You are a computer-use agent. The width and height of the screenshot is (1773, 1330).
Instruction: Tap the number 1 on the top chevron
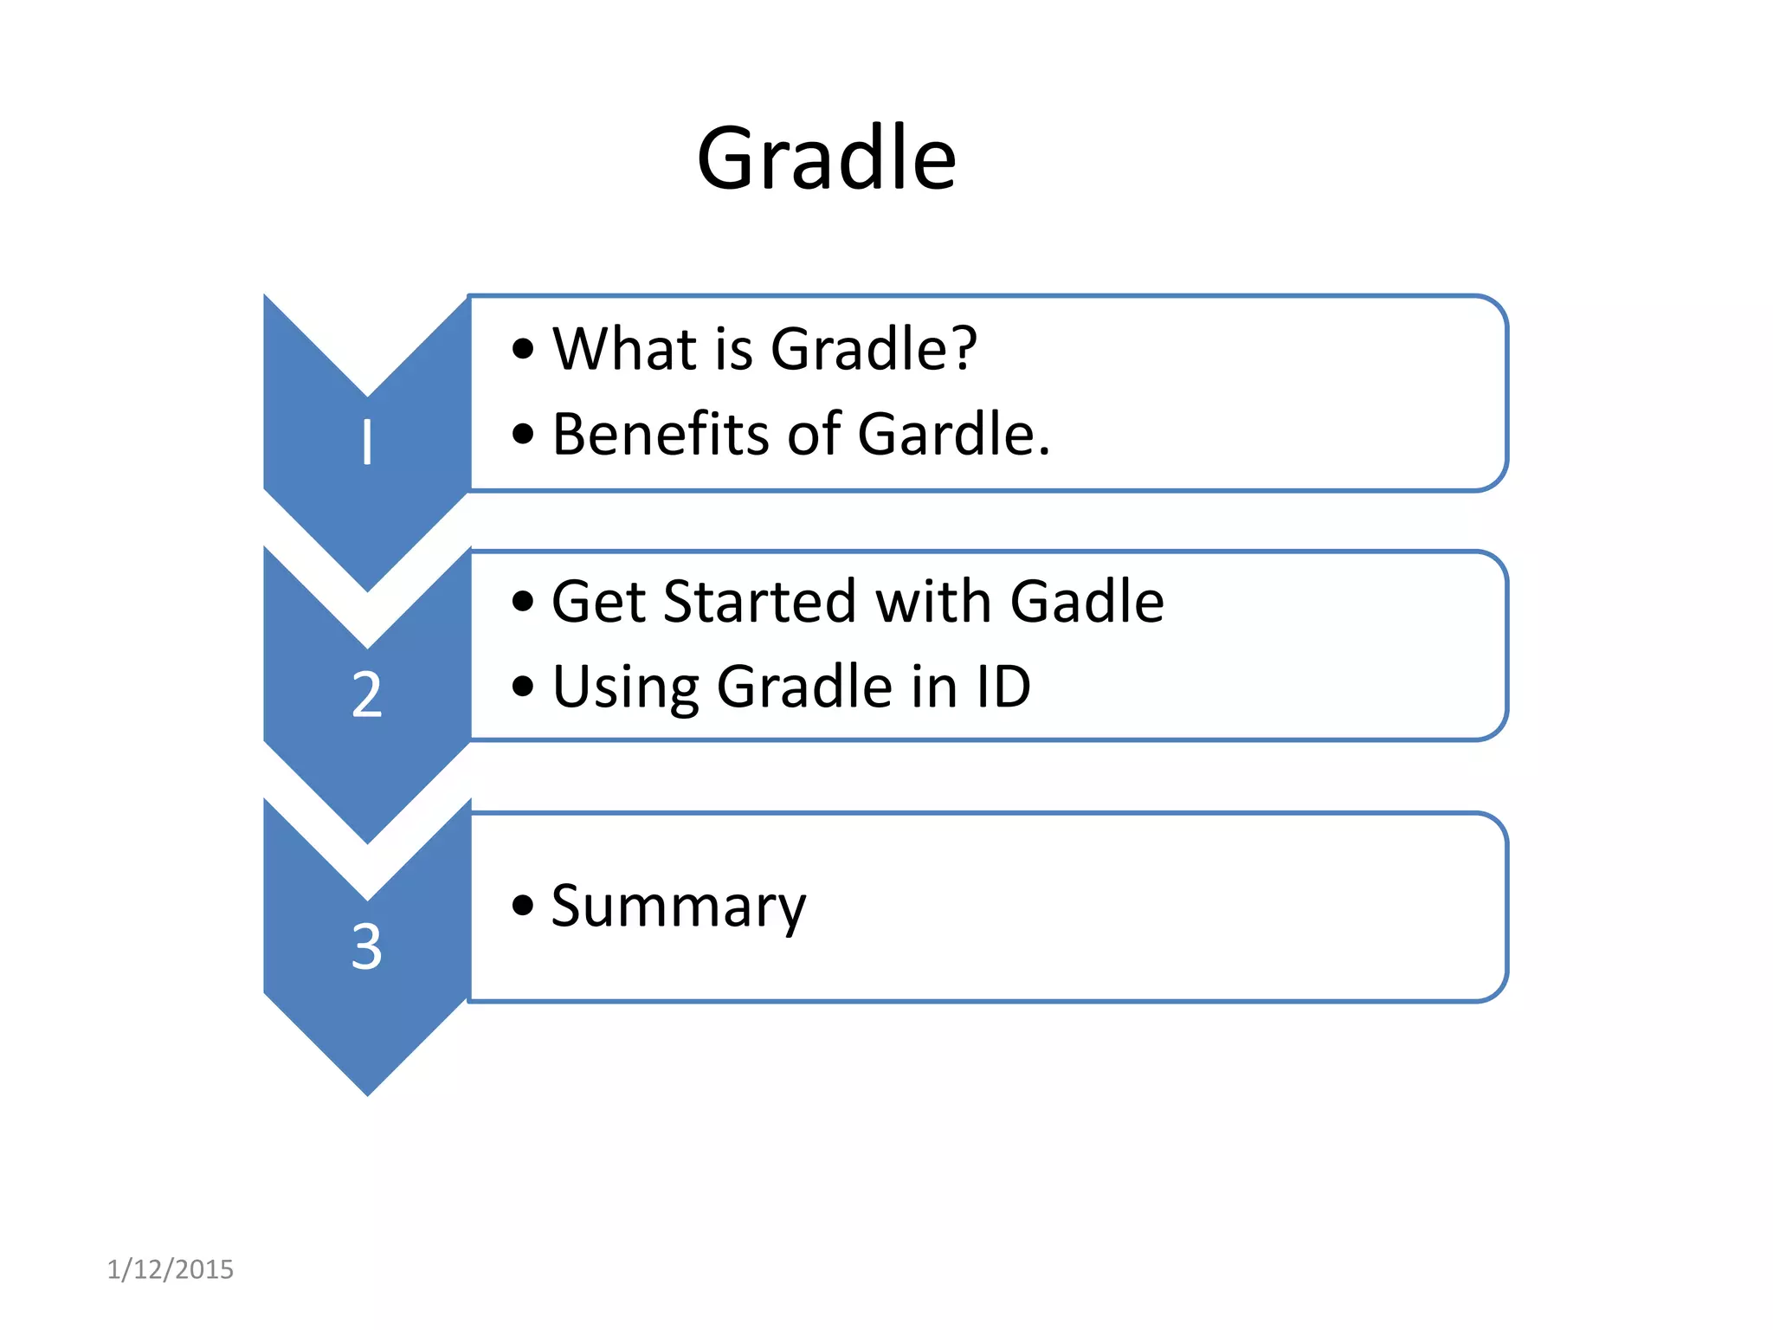point(367,442)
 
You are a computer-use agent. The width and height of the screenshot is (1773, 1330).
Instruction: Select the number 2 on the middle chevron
point(367,694)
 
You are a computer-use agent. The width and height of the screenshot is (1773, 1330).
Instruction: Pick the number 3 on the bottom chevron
point(367,946)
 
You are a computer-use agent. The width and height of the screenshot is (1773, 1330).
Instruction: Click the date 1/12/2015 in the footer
point(170,1269)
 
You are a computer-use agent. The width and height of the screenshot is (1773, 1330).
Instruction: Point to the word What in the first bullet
point(624,349)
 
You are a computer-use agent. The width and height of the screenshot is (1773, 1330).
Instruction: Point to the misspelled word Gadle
point(1086,601)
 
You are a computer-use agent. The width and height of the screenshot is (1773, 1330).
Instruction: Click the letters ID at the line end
point(1003,687)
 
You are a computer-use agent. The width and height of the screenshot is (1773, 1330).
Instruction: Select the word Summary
point(679,907)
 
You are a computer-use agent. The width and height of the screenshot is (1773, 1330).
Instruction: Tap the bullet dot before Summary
point(522,906)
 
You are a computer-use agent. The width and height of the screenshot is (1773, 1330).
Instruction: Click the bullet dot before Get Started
point(522,601)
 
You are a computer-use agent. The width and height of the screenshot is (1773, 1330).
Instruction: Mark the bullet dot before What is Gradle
point(522,349)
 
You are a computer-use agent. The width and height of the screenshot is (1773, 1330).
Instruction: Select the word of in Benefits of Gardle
point(814,434)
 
